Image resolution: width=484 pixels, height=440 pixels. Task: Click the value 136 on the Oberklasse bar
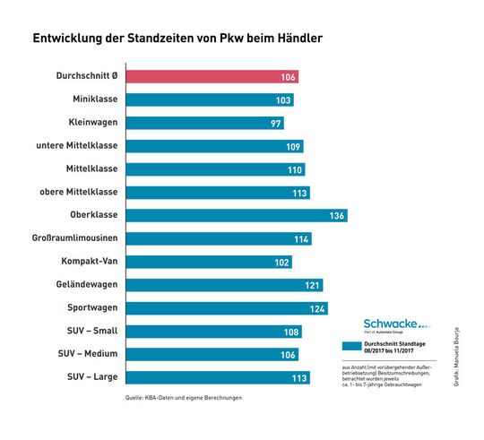pos(337,216)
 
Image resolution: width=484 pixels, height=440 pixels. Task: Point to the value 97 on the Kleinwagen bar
pos(275,123)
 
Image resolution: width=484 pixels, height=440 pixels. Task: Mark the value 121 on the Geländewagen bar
pos(311,285)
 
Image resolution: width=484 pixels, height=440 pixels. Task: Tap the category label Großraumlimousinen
pos(79,238)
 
